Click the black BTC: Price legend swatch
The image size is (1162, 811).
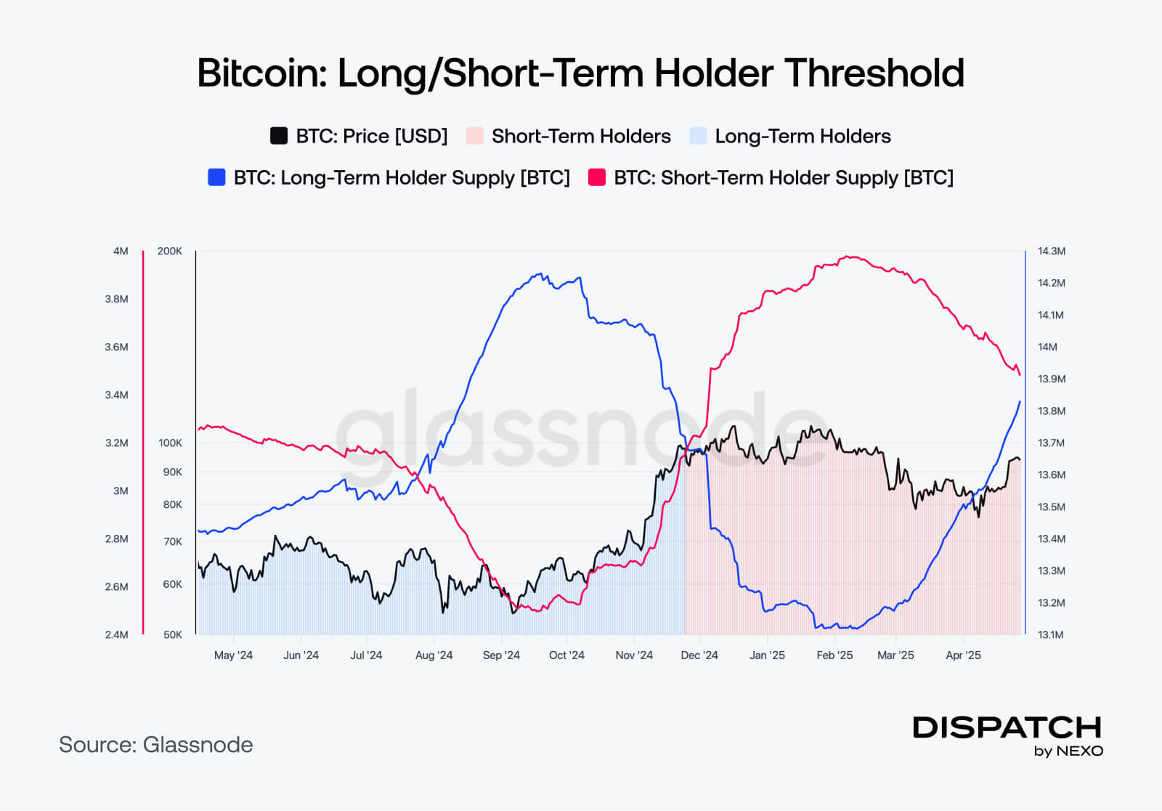tap(279, 136)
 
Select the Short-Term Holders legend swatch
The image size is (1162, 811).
tap(474, 136)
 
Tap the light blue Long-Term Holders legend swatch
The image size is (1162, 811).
tap(698, 136)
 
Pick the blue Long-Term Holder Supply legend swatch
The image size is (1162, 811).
tap(216, 177)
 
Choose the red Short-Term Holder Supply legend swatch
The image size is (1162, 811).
tap(597, 177)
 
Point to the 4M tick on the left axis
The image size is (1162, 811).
tap(121, 251)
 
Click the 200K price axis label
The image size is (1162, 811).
tap(170, 251)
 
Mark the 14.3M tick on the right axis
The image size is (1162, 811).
tap(1051, 251)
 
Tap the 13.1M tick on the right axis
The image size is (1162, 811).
tap(1051, 634)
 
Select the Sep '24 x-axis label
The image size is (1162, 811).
tap(501, 655)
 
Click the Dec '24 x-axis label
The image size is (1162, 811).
tap(699, 655)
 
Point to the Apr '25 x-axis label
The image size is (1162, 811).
tap(963, 655)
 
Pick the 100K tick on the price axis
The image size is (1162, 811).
tap(171, 443)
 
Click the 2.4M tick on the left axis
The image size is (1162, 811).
tap(116, 634)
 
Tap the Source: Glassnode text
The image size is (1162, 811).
tap(156, 745)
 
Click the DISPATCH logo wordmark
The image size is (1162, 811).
tap(1007, 727)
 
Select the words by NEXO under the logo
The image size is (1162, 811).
tap(1068, 751)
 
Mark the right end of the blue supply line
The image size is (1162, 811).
tap(1020, 401)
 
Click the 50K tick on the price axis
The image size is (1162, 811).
tap(173, 634)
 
